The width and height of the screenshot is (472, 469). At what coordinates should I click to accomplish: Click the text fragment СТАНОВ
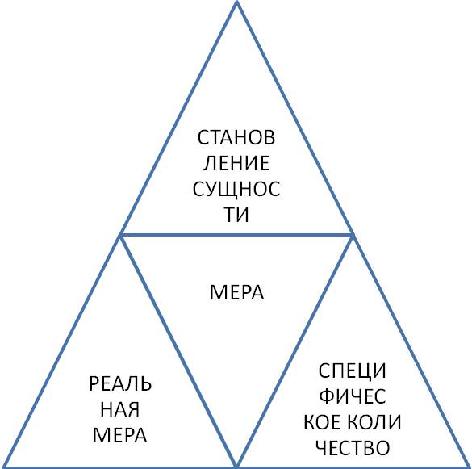[236, 137]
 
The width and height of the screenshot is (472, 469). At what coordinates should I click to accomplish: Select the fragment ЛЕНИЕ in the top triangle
[236, 163]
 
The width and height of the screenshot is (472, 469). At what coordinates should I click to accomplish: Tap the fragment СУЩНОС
[236, 190]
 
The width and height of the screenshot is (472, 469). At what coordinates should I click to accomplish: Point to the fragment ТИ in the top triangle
[237, 215]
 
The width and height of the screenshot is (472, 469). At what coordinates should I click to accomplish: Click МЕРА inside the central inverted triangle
[237, 292]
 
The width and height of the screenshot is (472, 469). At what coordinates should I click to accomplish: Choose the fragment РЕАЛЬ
[120, 383]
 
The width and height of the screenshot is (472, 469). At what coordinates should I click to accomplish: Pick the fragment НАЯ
[119, 409]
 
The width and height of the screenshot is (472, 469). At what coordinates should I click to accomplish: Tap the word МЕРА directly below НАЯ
[119, 435]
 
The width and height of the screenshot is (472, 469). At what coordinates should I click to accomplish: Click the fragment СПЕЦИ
[353, 371]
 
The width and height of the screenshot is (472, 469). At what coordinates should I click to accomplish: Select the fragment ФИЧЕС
[353, 396]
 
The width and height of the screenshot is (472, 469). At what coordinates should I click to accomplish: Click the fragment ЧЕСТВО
[353, 448]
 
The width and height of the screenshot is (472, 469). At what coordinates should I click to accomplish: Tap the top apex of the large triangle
[236, 2]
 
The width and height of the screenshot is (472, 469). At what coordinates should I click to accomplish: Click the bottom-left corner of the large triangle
[2, 467]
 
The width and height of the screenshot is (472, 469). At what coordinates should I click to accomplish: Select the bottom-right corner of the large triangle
[470, 467]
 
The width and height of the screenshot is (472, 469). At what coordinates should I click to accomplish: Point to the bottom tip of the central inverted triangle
[236, 466]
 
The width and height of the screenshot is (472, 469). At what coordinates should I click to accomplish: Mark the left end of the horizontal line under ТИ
[120, 235]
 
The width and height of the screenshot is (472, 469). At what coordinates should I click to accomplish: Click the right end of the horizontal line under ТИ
[353, 235]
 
